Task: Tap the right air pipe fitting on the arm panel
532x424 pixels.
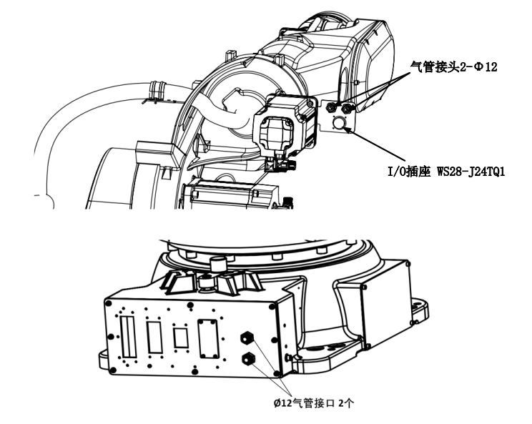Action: (x=348, y=108)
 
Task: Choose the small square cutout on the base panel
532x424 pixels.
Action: (x=181, y=336)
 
